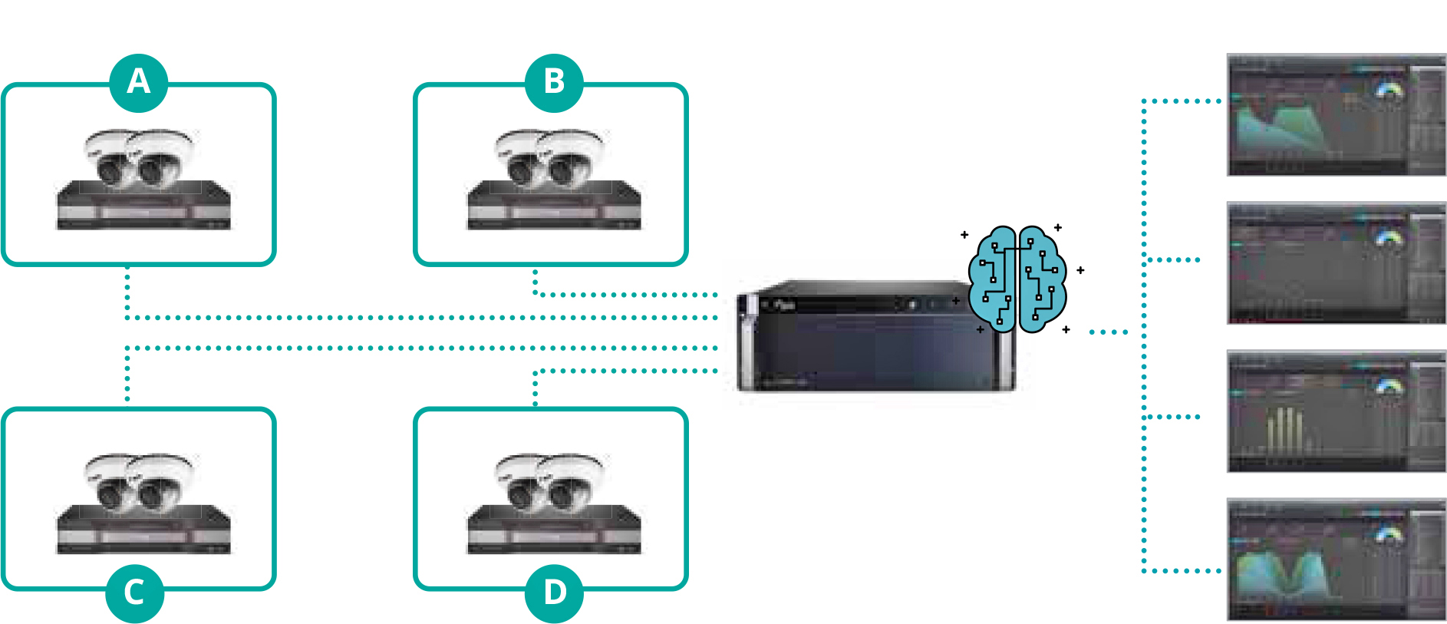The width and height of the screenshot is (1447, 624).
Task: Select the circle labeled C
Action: (x=135, y=593)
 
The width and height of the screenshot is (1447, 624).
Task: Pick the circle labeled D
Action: (x=554, y=593)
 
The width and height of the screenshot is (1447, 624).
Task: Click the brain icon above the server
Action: (x=1017, y=279)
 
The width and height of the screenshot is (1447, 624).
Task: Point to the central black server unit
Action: (x=867, y=342)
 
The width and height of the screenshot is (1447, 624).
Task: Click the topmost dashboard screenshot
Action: (x=1336, y=114)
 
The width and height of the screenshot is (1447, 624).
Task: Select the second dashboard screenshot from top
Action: (x=1336, y=263)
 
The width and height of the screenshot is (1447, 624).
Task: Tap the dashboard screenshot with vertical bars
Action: (x=1336, y=412)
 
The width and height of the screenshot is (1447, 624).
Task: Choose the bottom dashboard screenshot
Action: (x=1336, y=560)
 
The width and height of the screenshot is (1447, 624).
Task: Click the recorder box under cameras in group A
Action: (x=143, y=206)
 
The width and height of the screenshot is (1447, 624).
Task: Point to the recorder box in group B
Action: (x=554, y=206)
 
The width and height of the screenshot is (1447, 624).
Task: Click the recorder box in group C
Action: (x=143, y=530)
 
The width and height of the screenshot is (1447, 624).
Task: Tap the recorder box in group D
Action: (x=554, y=530)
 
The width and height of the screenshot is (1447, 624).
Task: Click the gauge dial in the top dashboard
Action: (x=1388, y=91)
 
